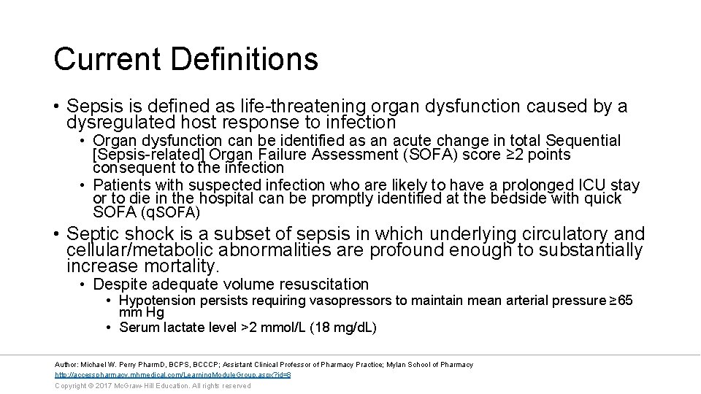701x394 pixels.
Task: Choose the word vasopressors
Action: click(x=350, y=301)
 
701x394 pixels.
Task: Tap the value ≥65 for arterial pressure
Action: click(x=621, y=301)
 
